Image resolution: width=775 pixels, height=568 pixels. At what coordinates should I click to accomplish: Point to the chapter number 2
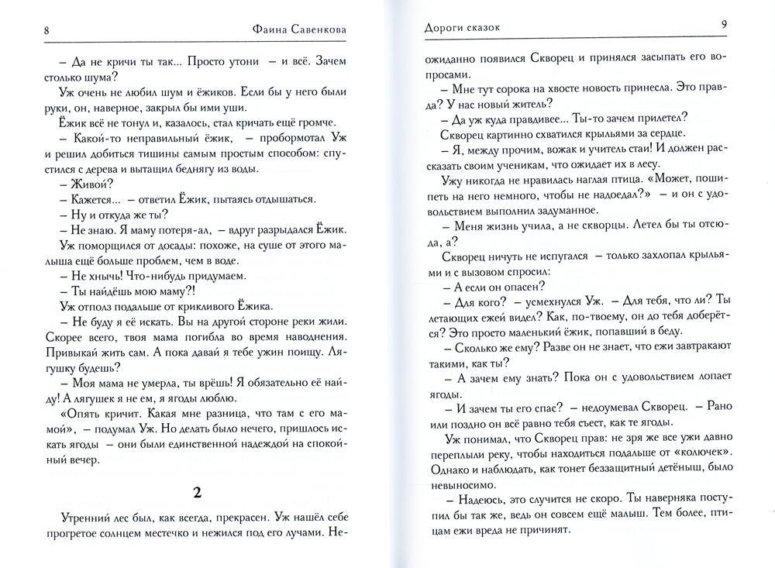pos(196,492)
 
